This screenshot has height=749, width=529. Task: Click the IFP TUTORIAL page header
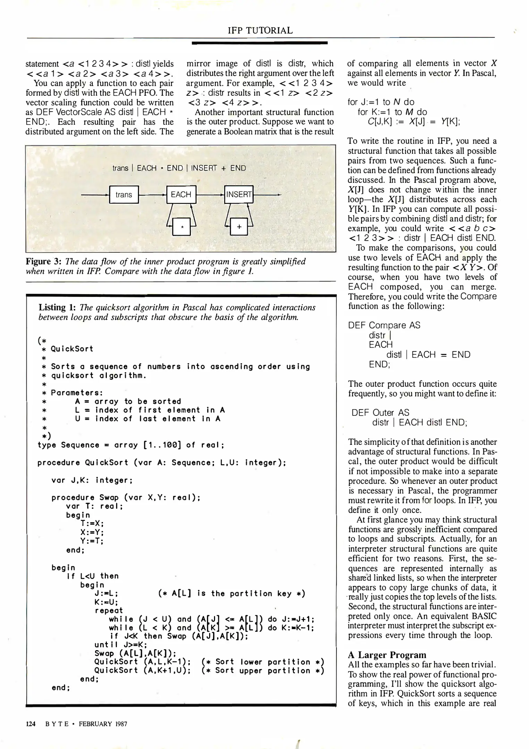pyautogui.click(x=260, y=31)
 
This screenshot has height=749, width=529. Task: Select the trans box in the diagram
pyautogui.click(x=124, y=195)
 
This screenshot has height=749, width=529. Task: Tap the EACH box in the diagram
pyautogui.click(x=181, y=195)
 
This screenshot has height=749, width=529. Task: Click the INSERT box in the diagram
pyautogui.click(x=239, y=195)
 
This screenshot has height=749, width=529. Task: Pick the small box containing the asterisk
pyautogui.click(x=182, y=227)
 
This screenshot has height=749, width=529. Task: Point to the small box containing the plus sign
pyautogui.click(x=239, y=227)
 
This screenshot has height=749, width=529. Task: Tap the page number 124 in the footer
pyautogui.click(x=31, y=724)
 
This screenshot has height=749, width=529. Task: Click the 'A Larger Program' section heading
pyautogui.click(x=387, y=655)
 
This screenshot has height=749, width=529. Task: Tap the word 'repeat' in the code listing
pyautogui.click(x=109, y=610)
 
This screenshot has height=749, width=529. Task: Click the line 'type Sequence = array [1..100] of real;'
pyautogui.click(x=131, y=445)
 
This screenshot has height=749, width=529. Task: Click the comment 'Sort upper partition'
pyautogui.click(x=262, y=670)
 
